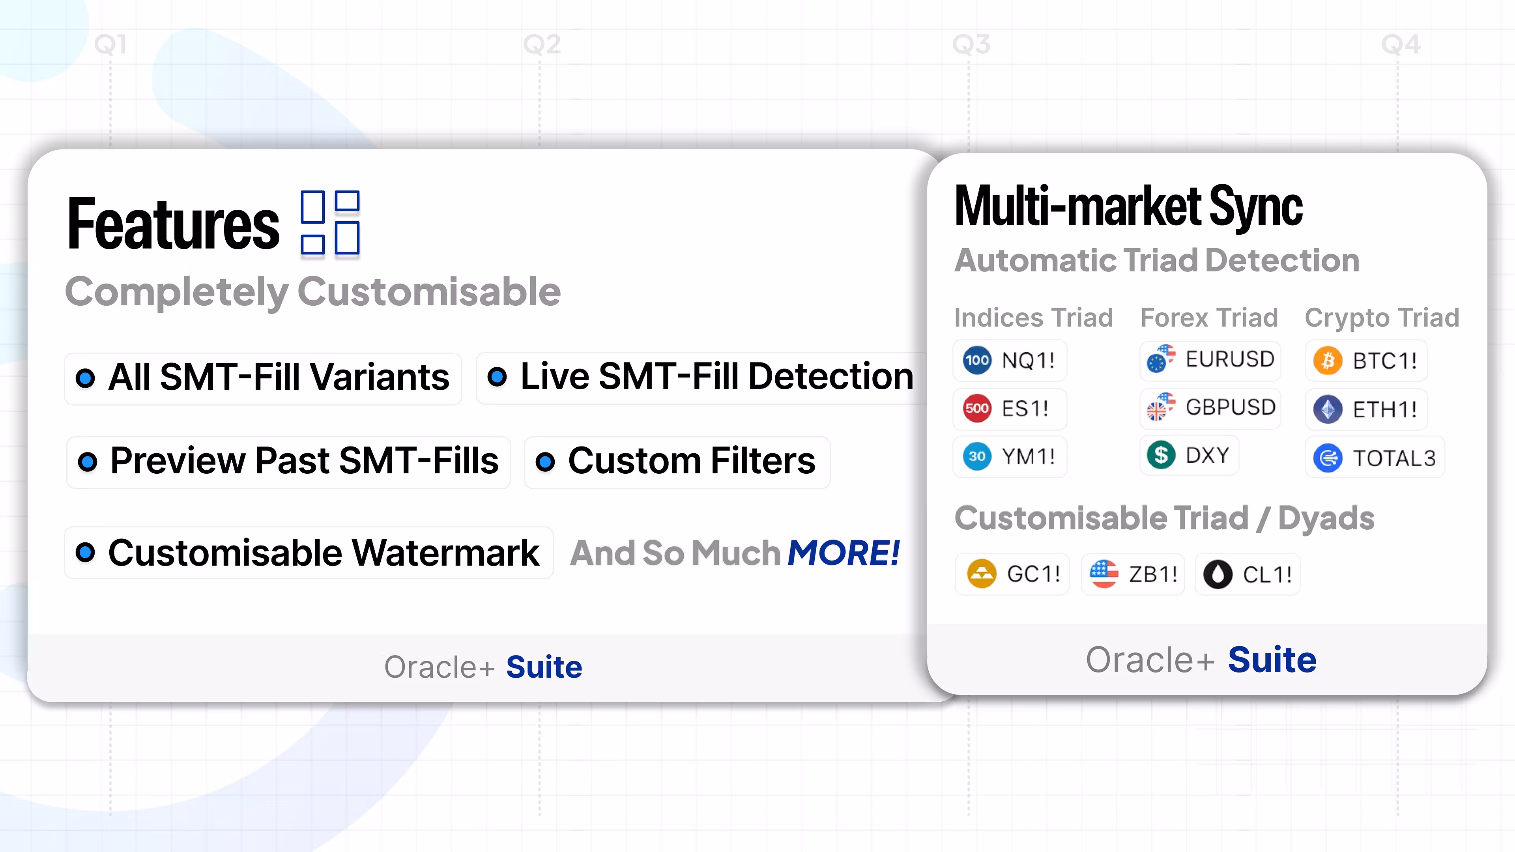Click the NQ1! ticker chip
tap(1009, 360)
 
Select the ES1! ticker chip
tap(1009, 408)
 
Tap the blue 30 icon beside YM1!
tap(977, 456)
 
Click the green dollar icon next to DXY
tap(1161, 455)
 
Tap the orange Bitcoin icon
tap(1328, 361)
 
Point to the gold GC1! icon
tap(982, 574)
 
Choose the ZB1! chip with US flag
tap(1133, 574)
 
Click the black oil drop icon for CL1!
tap(1218, 574)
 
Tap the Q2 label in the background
tap(542, 45)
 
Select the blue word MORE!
tap(844, 553)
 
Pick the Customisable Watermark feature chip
tap(309, 553)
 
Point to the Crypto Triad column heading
tap(1382, 318)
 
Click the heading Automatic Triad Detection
tap(1157, 260)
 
